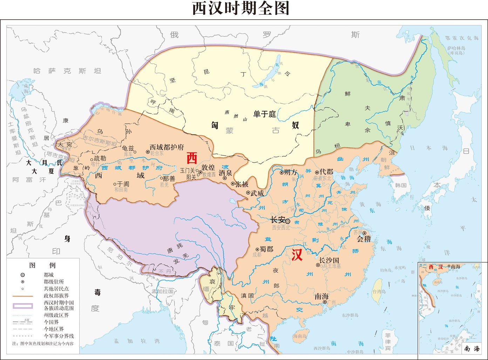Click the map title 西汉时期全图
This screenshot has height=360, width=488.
241,8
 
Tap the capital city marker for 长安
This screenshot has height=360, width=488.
287,221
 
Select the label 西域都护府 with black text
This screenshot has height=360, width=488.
167,148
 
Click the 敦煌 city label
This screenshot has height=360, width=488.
208,168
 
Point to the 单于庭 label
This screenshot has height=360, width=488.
265,114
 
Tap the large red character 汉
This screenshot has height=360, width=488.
297,255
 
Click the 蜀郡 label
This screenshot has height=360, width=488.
266,249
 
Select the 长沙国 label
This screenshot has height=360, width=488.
329,260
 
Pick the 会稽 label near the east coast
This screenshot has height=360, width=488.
364,239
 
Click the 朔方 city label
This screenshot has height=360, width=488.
291,172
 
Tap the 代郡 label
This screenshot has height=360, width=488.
326,172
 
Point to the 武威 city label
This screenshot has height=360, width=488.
257,193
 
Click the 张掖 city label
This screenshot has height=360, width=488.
242,184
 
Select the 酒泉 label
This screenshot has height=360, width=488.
225,173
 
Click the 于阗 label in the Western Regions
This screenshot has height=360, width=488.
123,184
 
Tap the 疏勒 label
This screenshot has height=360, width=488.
100,158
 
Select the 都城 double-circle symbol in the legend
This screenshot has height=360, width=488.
22,275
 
